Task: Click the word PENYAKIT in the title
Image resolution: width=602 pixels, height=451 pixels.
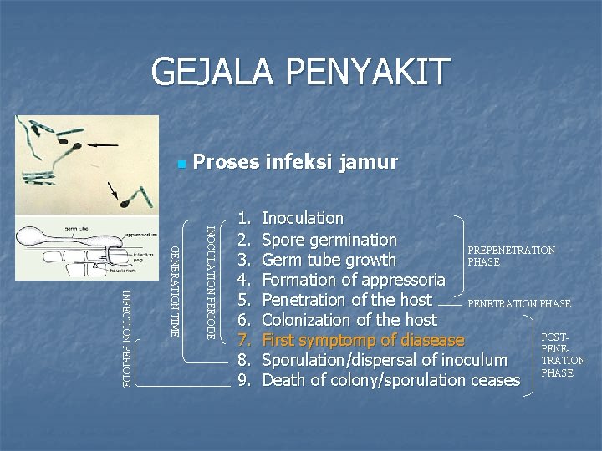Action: click(x=367, y=72)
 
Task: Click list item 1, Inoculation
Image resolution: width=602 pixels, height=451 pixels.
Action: click(x=302, y=218)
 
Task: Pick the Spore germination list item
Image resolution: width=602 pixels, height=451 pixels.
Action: click(x=329, y=240)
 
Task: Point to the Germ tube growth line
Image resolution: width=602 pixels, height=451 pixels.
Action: click(x=329, y=260)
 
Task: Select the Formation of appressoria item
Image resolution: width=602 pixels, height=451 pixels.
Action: click(x=353, y=280)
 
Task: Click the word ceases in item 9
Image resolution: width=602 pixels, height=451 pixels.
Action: click(x=493, y=380)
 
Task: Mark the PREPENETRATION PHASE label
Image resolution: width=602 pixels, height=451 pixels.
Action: click(x=511, y=256)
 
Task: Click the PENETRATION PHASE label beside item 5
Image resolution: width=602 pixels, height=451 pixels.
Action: click(x=518, y=303)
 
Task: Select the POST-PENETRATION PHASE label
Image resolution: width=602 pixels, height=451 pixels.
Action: click(x=563, y=355)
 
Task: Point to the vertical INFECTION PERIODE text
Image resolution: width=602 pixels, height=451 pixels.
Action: click(x=126, y=337)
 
